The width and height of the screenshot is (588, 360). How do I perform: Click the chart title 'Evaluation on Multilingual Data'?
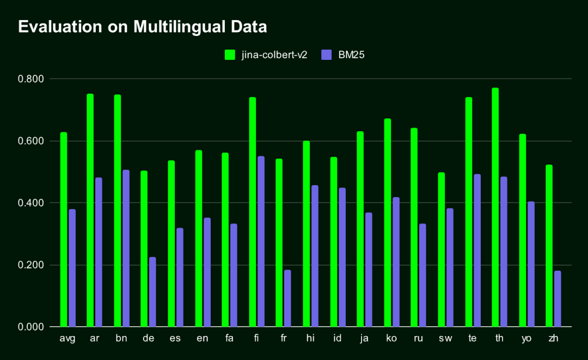click(x=142, y=27)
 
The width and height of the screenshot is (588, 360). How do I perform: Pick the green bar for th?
click(x=495, y=207)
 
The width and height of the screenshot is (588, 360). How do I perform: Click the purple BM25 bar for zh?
click(x=558, y=299)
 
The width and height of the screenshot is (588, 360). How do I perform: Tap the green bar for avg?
click(x=64, y=229)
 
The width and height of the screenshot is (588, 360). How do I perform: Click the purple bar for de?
click(x=152, y=292)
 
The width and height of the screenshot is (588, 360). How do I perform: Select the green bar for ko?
click(x=387, y=223)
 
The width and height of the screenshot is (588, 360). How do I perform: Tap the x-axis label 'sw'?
click(x=445, y=339)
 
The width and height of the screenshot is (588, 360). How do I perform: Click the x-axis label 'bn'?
click(x=121, y=339)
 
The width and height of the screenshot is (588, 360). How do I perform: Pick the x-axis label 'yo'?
click(x=526, y=339)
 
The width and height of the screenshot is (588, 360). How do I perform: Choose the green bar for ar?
click(x=90, y=210)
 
